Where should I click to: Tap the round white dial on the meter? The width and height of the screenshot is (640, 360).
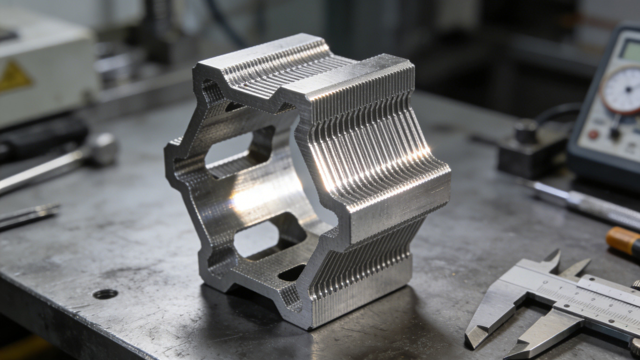tap(621, 90)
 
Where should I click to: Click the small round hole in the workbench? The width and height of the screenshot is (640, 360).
tap(105, 294)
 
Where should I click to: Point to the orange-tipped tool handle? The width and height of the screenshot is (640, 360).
tap(624, 240)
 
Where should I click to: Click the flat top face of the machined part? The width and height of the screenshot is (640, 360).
tap(263, 52)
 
